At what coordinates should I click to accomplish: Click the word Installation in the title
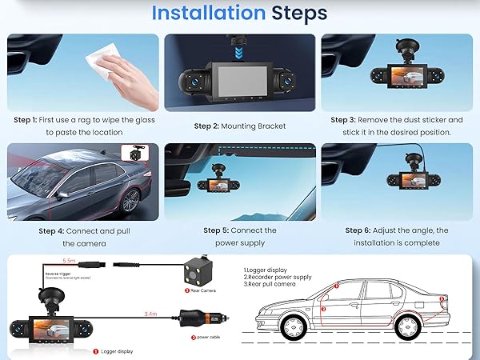point(208,13)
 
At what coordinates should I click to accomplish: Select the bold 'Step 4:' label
point(55,230)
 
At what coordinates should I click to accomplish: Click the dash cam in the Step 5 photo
point(230,185)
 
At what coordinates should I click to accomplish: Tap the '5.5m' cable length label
point(70,262)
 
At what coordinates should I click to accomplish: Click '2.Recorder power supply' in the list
point(278,278)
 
